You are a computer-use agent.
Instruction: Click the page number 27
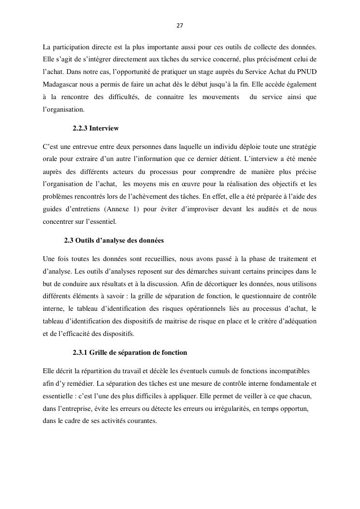coord(179,26)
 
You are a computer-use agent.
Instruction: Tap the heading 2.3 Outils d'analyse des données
coord(114,240)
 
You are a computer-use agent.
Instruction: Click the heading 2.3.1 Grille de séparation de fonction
coord(130,352)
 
